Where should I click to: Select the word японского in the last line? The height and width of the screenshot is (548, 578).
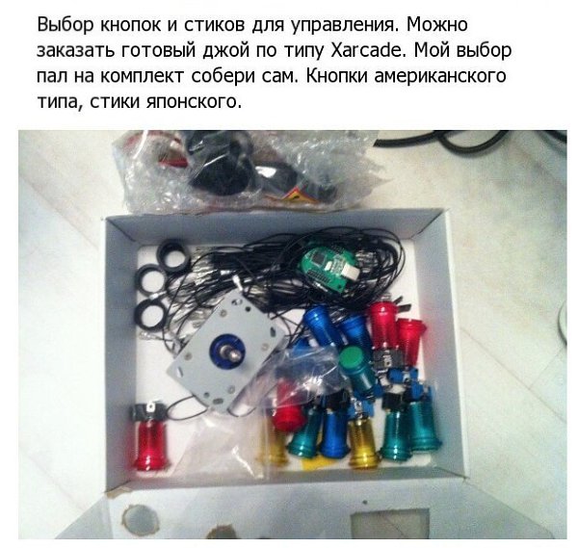[x=194, y=101]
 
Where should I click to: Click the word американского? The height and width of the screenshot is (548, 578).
[x=440, y=76]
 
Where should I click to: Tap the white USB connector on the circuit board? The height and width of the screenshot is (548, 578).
[x=351, y=271]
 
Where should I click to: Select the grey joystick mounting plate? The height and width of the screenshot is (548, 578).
[x=227, y=353]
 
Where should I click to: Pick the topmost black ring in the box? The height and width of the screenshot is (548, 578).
[x=172, y=254]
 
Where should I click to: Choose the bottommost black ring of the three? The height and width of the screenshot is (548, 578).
[x=153, y=315]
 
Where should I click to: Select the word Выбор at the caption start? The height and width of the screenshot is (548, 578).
[x=66, y=25]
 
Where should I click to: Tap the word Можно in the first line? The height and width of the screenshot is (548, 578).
[x=437, y=25]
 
